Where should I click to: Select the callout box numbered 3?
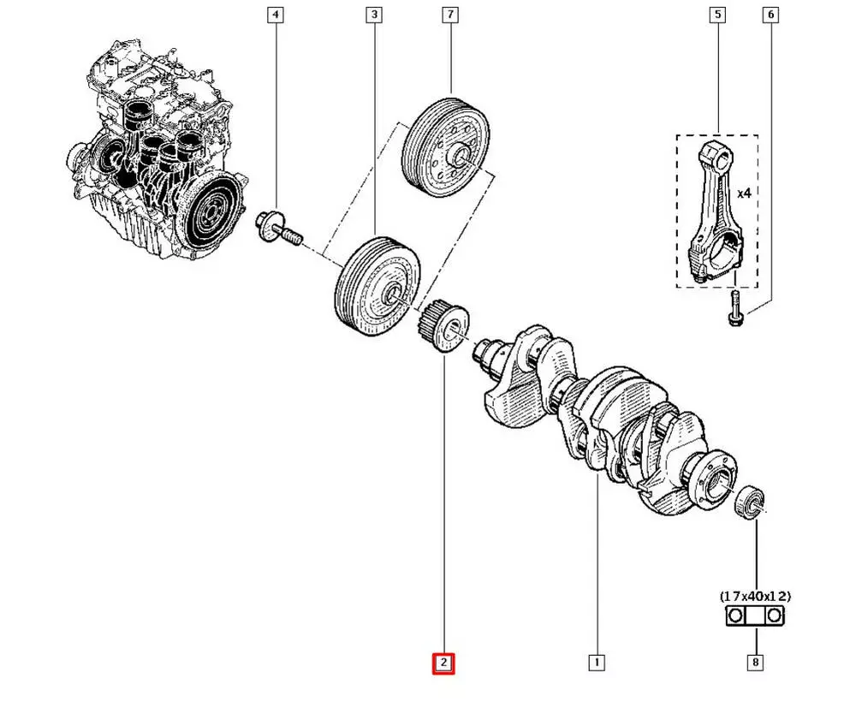pyautogui.click(x=374, y=15)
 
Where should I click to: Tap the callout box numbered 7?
pyautogui.click(x=450, y=15)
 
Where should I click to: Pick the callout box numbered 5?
pyautogui.click(x=716, y=15)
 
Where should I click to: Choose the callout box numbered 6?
pyautogui.click(x=770, y=15)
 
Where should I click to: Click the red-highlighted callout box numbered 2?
pyautogui.click(x=443, y=663)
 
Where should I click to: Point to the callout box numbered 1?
pyautogui.click(x=596, y=662)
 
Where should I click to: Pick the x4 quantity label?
pyautogui.click(x=744, y=194)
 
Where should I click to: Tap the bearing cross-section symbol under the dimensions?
pyautogui.click(x=756, y=616)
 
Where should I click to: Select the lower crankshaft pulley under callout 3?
pyautogui.click(x=377, y=287)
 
